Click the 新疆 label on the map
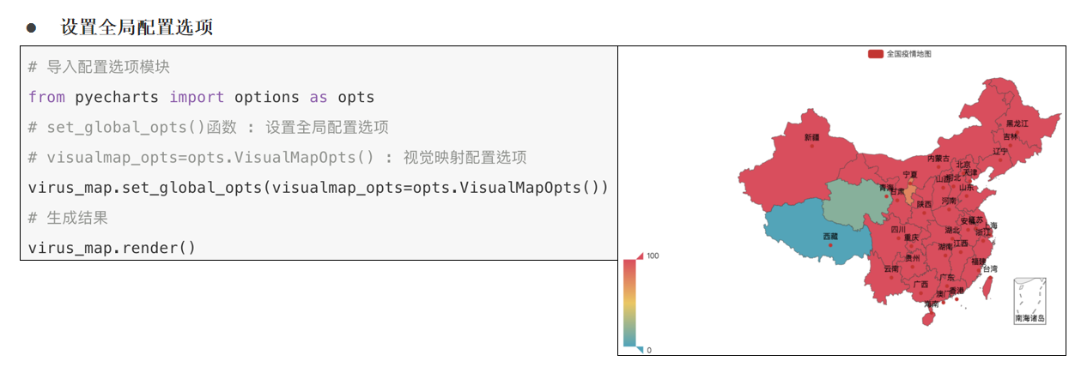coord(811,137)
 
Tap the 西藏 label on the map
coord(830,236)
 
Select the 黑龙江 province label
coord(1017,123)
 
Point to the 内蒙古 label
coord(938,159)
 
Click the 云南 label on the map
coord(890,268)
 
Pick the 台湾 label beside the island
coord(990,268)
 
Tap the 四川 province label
coord(898,230)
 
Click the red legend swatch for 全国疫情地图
coord(875,53)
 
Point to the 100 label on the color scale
coord(653,256)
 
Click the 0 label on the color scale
coord(649,350)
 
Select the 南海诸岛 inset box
coord(1029,301)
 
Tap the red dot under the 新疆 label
coord(811,146)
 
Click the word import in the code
coord(197,97)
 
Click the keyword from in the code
coord(46,97)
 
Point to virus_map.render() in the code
coord(112,248)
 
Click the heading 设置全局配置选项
coord(137,27)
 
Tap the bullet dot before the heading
coord(32,27)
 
